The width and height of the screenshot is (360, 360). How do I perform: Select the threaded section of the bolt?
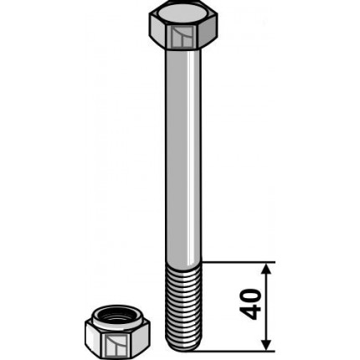[182, 301]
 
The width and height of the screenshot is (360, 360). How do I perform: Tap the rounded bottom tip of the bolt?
[182, 346]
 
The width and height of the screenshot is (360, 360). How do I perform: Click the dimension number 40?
[250, 305]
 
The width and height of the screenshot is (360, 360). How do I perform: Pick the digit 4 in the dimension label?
[250, 316]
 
